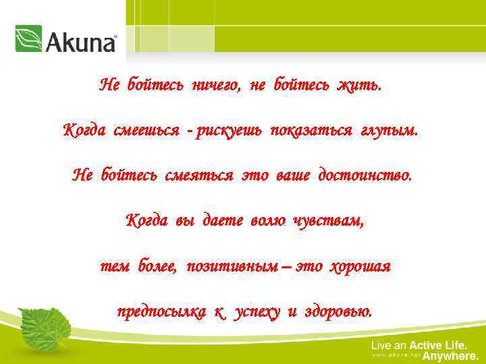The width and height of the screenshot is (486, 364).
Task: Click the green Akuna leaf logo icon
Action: coord(28,39)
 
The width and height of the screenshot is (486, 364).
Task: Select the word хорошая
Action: coord(360,266)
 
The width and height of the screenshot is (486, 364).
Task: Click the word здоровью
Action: coord(337,312)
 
